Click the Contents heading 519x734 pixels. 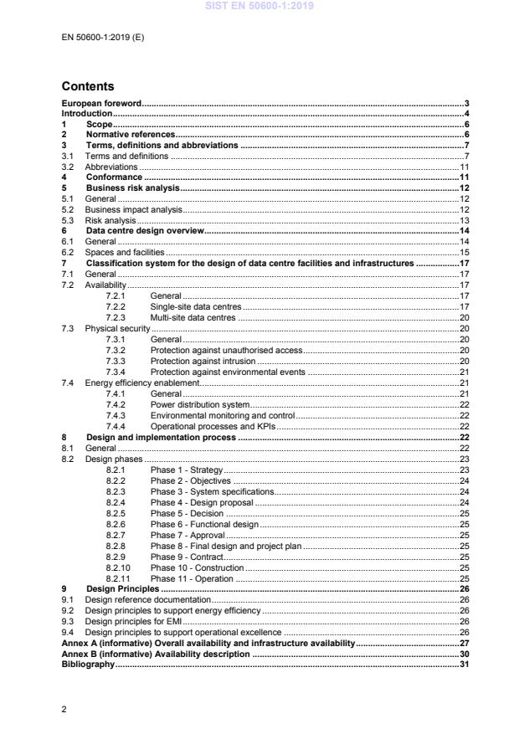click(88, 86)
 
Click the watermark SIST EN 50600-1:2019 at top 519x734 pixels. click(259, 6)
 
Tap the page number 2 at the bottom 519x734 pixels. click(64, 710)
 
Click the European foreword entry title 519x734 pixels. click(101, 103)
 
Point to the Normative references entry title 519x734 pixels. click(131, 135)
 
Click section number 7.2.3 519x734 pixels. click(116, 317)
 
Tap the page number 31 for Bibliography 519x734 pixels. click(465, 664)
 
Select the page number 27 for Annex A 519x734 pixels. click(465, 643)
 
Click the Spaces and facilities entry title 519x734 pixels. click(125, 253)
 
